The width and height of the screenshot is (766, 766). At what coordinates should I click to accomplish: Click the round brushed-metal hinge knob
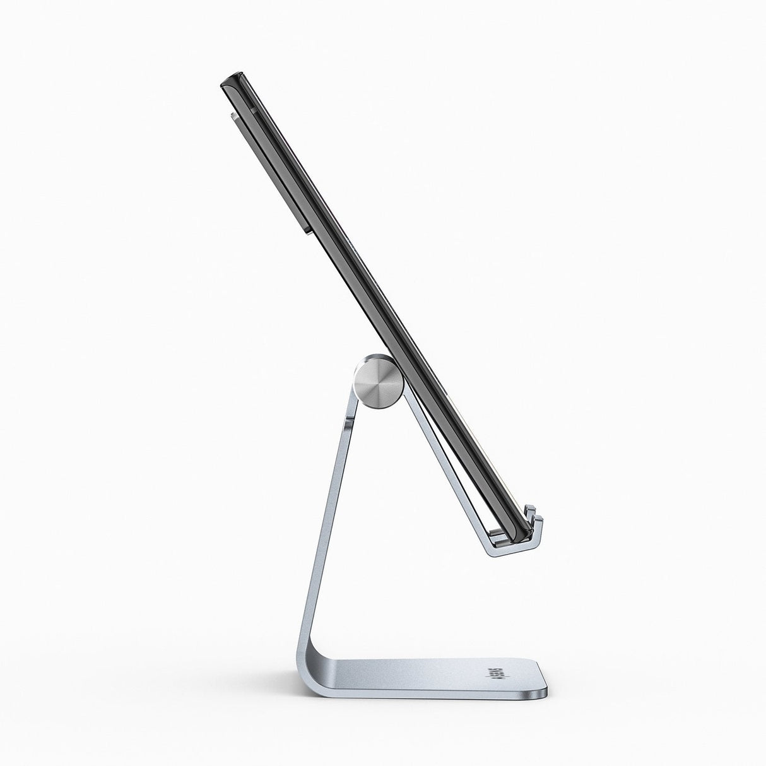pos(378,384)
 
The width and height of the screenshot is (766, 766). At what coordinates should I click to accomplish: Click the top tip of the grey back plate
pos(232,115)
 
